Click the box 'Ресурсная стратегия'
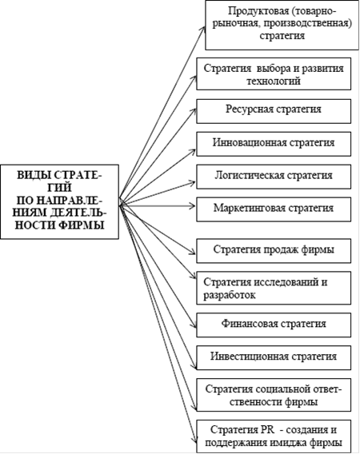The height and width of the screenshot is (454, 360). coord(274,111)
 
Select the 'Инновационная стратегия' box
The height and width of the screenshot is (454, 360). coord(274,144)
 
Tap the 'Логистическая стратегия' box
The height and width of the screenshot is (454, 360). coord(274,177)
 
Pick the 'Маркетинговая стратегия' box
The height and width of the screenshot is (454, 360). coord(274,209)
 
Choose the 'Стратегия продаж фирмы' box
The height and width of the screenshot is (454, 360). coord(274,251)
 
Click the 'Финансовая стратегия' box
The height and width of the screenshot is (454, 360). coord(274,325)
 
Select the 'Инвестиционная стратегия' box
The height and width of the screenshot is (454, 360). coord(274,357)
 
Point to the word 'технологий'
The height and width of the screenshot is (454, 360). coord(274,81)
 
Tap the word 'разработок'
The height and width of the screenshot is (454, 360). coord(230,295)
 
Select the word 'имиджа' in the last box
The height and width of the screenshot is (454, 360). coord(288,443)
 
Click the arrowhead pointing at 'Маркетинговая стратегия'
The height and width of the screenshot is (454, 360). coord(193,206)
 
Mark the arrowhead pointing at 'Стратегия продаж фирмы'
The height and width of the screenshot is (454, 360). coord(193,252)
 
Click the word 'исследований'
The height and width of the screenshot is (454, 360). coord(287,282)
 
